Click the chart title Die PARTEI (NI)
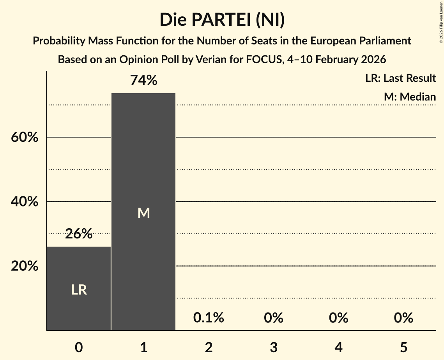click(x=222, y=19)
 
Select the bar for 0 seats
click(x=79, y=288)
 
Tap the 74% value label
click(x=143, y=80)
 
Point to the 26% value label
click(x=79, y=234)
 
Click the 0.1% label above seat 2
click(x=209, y=318)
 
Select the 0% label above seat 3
click(x=273, y=318)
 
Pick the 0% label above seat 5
click(x=403, y=318)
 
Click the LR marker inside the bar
click(x=79, y=290)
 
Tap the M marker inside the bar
click(x=143, y=213)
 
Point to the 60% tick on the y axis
click(x=24, y=138)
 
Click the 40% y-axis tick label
click(x=24, y=202)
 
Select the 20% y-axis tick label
click(x=24, y=266)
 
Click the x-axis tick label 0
click(x=79, y=347)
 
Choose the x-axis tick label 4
click(x=338, y=347)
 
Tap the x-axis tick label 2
click(x=209, y=347)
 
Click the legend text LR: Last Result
click(x=400, y=78)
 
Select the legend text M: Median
click(x=410, y=97)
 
